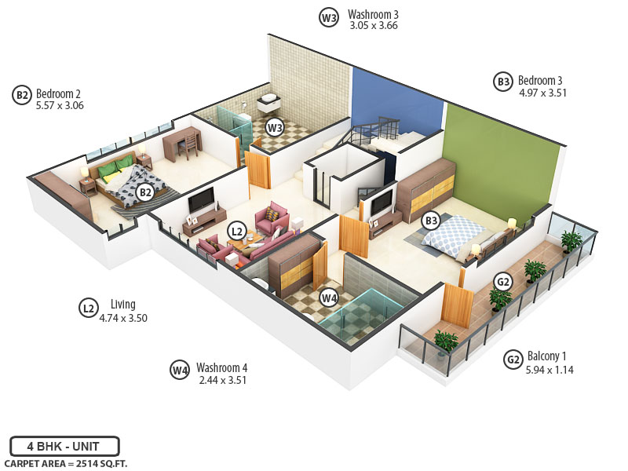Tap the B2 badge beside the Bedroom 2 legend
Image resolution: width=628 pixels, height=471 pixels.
(x=22, y=96)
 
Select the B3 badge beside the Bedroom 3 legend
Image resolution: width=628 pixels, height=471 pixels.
(x=503, y=82)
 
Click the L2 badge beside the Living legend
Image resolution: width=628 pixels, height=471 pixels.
(x=89, y=308)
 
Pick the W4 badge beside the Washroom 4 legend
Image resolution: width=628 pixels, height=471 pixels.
(x=180, y=371)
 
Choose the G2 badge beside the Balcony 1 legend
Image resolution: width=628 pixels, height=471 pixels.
(x=513, y=360)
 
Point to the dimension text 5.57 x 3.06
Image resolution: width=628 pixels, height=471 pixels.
(x=60, y=105)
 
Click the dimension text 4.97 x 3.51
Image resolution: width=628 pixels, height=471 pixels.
(x=542, y=93)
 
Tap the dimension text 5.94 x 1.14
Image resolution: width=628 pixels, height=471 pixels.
(x=549, y=369)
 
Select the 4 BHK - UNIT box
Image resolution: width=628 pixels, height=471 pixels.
(x=64, y=446)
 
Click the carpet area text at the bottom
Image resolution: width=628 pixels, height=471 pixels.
(x=65, y=464)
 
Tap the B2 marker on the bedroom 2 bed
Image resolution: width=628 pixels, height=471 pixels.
(x=144, y=192)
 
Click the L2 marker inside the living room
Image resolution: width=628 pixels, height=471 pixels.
(x=236, y=231)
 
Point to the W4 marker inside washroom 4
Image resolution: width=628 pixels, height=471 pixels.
(x=329, y=298)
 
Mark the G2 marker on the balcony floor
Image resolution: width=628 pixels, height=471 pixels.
(x=503, y=282)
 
